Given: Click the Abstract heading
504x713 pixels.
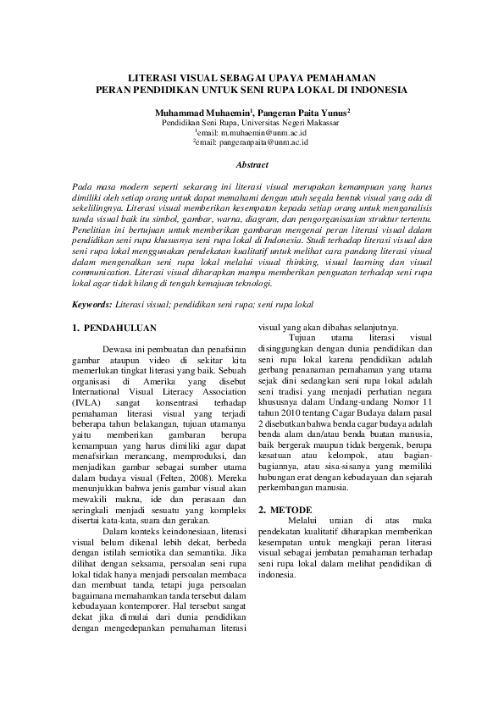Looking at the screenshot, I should pyautogui.click(x=252, y=165).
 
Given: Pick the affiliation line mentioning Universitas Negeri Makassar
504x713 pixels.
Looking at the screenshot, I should pyautogui.click(x=252, y=122).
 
